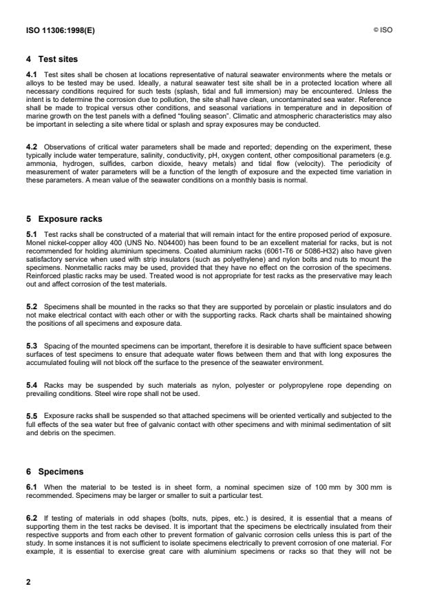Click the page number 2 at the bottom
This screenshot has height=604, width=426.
pyautogui.click(x=28, y=582)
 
